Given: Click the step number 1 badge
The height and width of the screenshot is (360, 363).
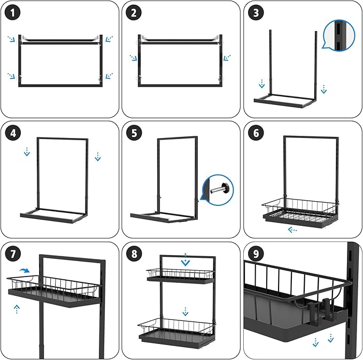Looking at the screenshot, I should [x=16, y=13].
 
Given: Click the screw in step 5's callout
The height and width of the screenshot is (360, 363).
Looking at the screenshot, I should [x=220, y=189].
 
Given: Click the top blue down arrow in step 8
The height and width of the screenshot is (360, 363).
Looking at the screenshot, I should [x=185, y=261].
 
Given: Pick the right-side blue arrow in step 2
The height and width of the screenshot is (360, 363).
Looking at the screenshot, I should [x=227, y=57].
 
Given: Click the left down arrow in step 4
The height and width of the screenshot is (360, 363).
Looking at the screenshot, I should [x=27, y=154].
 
